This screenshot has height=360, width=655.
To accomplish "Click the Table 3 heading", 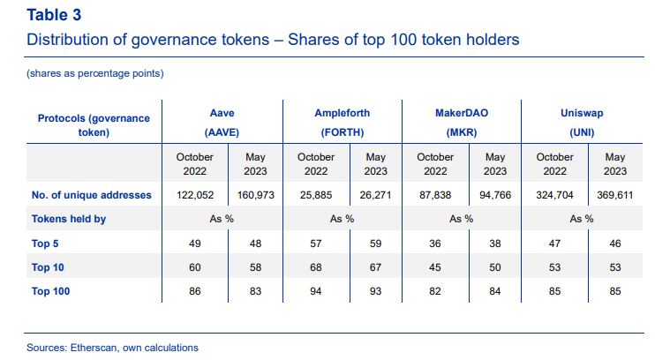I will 57,16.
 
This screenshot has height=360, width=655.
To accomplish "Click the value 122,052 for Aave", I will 194,194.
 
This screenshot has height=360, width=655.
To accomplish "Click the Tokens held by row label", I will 69,219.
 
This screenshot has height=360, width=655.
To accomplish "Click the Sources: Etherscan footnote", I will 112,348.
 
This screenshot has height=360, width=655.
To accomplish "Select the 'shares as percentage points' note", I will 95,72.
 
